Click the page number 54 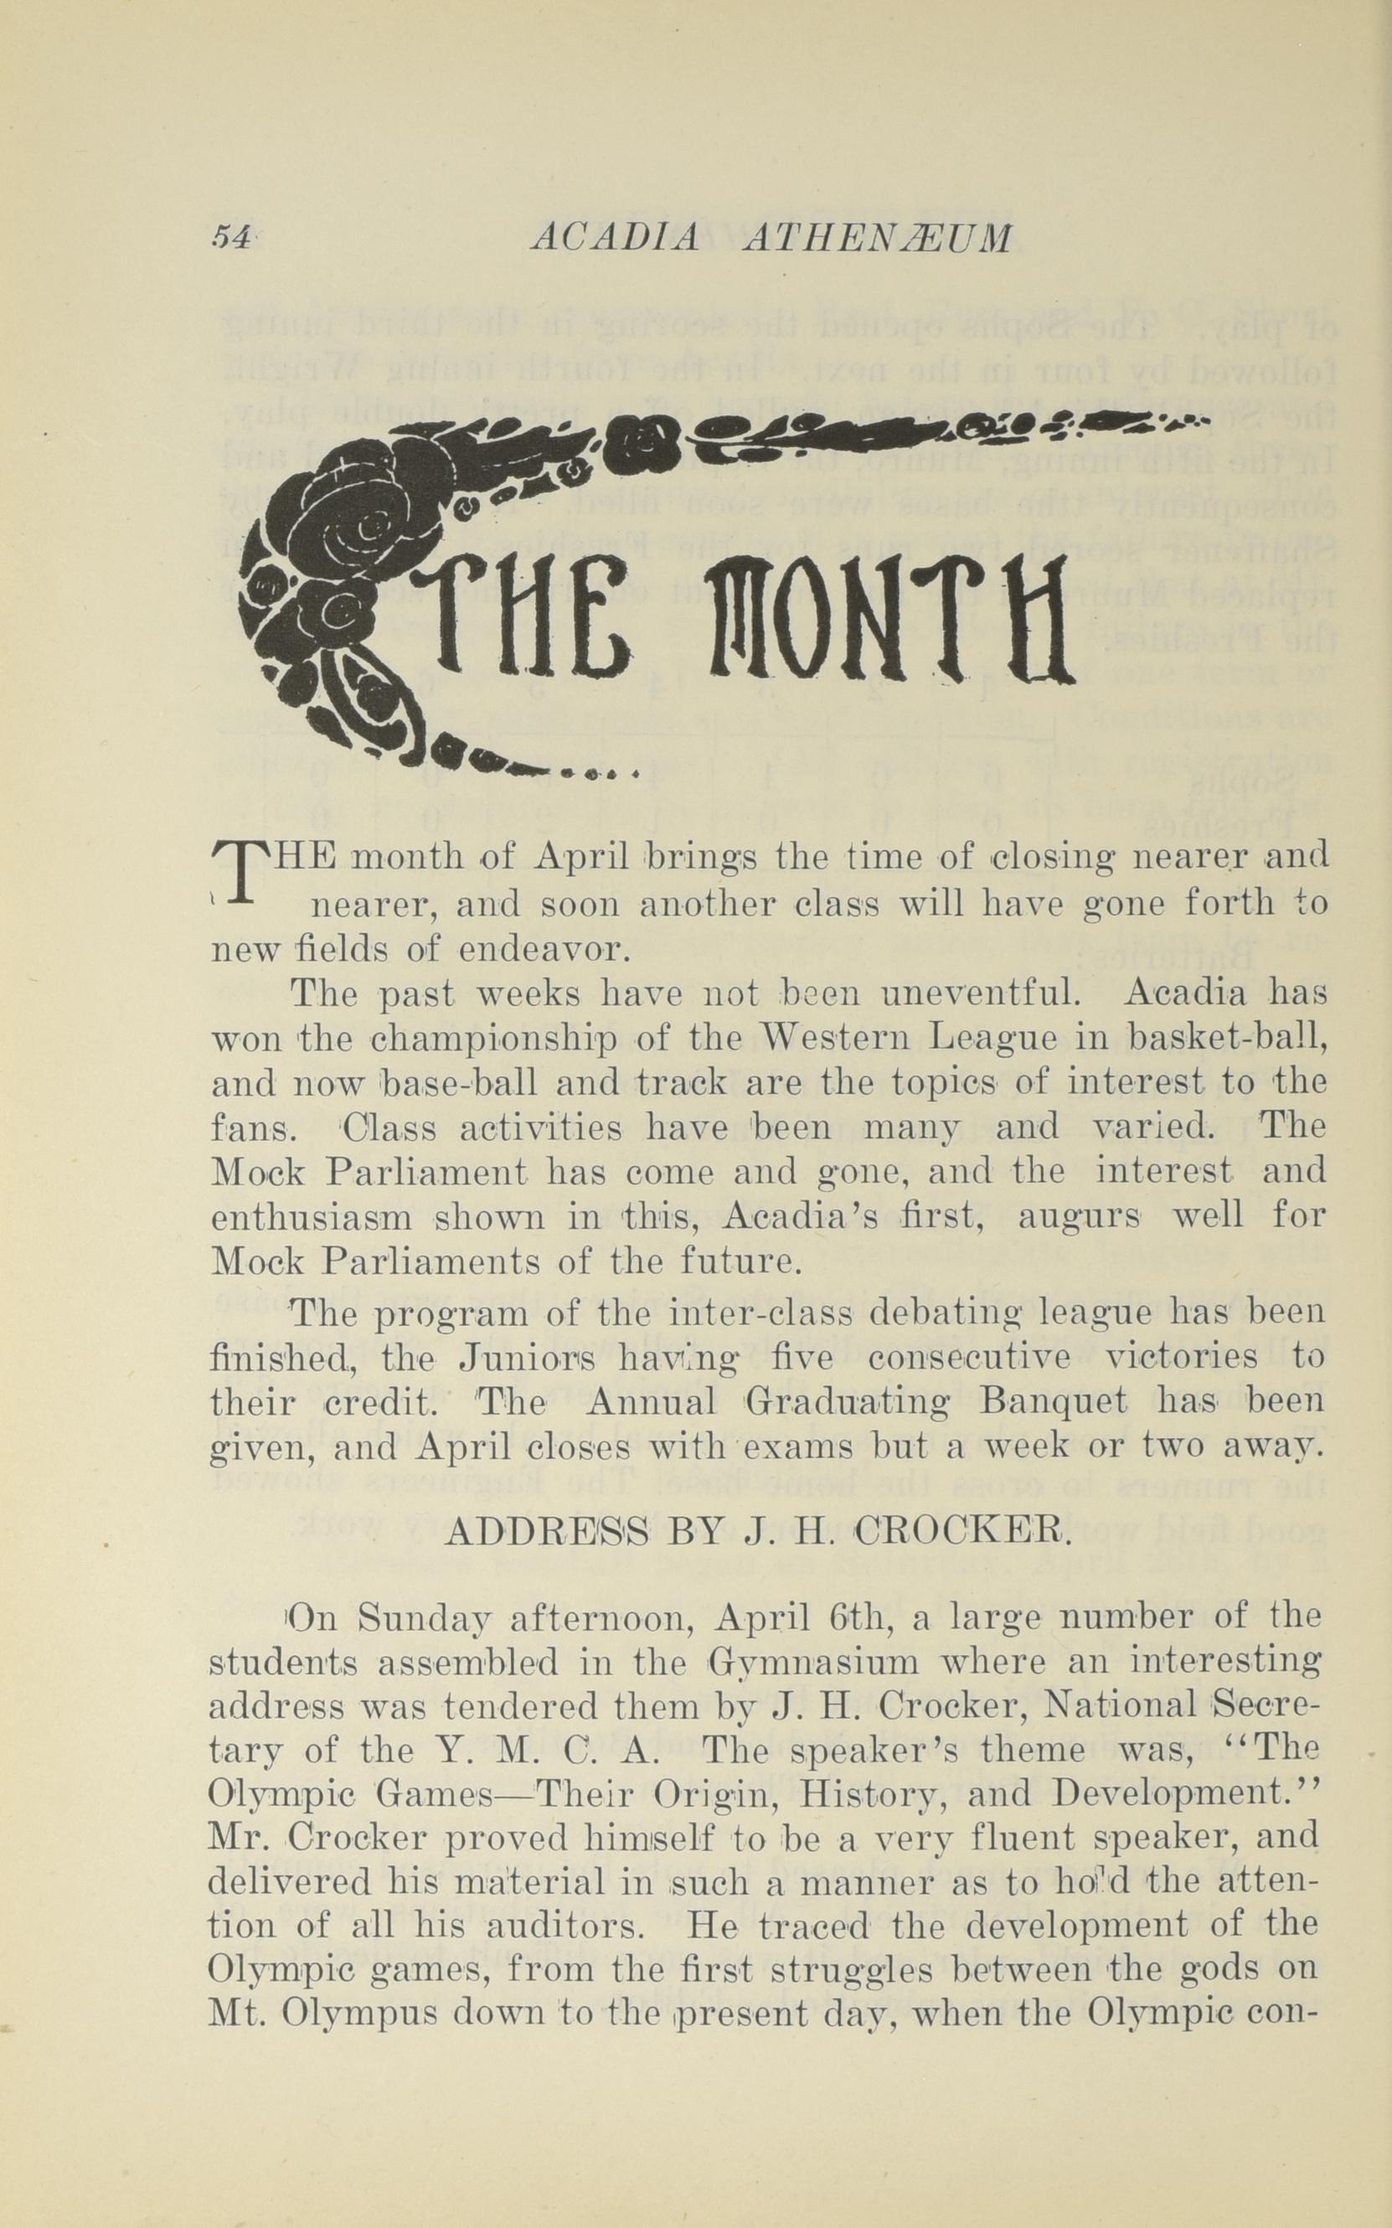[x=231, y=239]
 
